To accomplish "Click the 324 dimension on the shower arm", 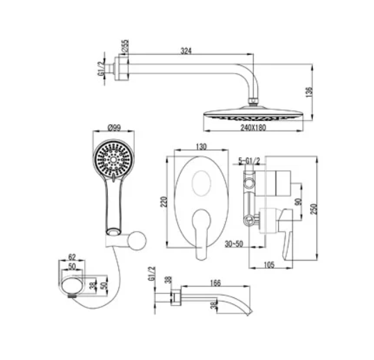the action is click(x=186, y=51).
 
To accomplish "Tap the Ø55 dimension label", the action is click(x=125, y=46).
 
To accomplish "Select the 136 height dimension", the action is click(x=309, y=92).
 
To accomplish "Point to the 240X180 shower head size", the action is click(x=253, y=128).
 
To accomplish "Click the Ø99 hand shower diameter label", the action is click(x=114, y=128).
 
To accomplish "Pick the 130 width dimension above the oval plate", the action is click(x=201, y=147).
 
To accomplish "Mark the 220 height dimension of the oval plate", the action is click(x=164, y=202).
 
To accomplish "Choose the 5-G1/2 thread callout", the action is click(x=249, y=161).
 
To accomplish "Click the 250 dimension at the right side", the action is click(x=314, y=209).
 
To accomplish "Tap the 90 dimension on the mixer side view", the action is click(x=298, y=202).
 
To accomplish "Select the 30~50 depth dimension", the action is click(x=234, y=244).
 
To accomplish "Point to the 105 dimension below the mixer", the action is click(x=269, y=265).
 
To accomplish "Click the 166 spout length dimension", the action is click(x=216, y=283).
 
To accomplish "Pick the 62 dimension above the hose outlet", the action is click(x=72, y=257).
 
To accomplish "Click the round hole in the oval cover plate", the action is click(x=202, y=183).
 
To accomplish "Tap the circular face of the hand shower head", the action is click(x=113, y=158).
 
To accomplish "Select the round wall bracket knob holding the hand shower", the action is click(x=137, y=240).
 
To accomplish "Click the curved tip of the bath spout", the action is click(x=249, y=312).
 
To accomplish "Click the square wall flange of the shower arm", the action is click(x=122, y=69).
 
